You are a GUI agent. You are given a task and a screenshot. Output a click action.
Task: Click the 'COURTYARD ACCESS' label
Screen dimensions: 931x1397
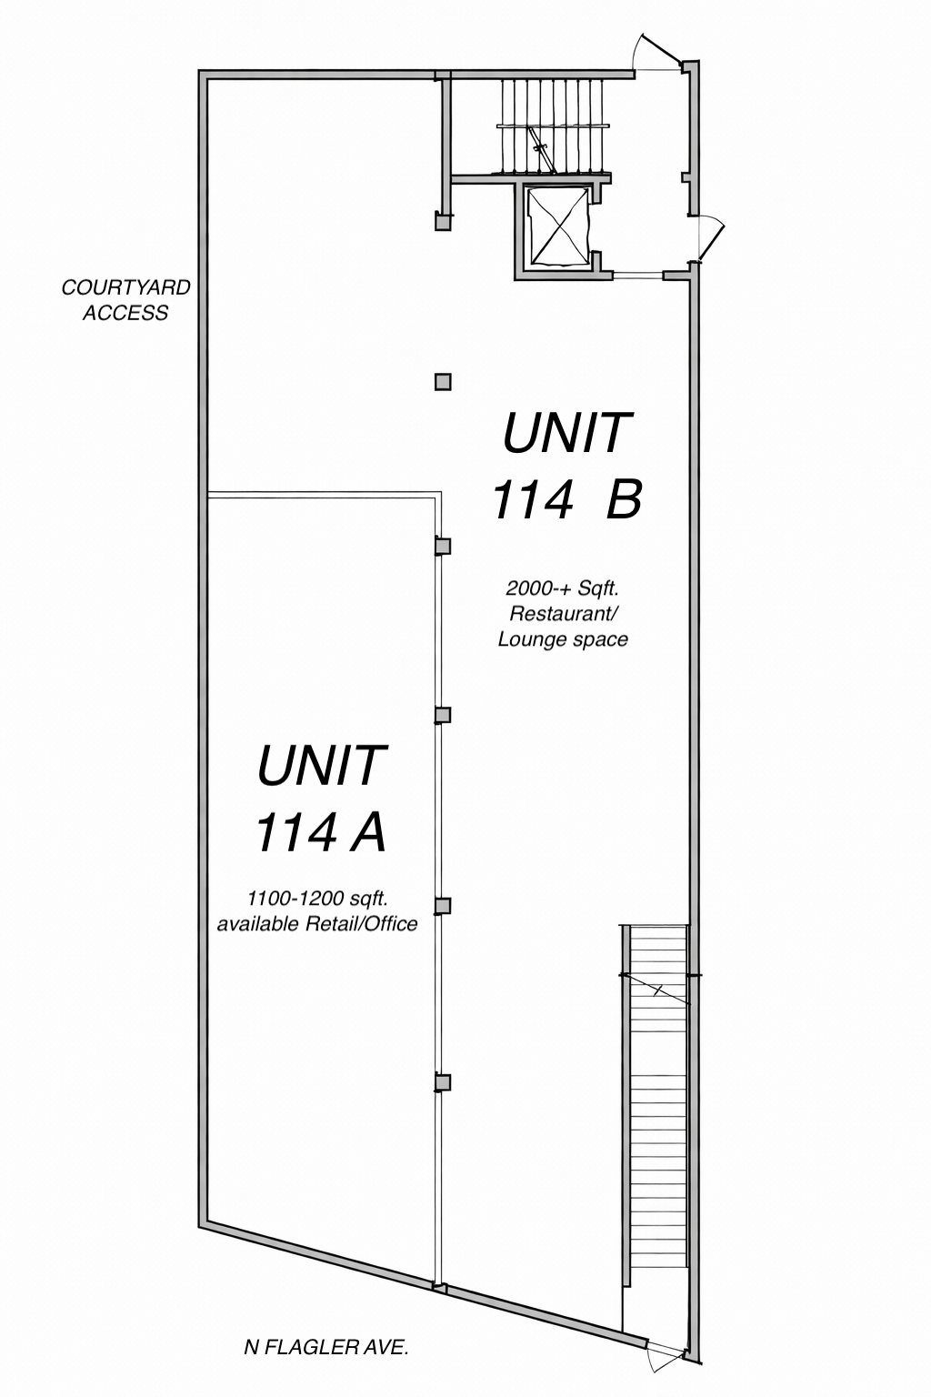[x=125, y=300]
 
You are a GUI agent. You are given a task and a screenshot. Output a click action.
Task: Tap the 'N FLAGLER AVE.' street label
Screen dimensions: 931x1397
[x=326, y=1347]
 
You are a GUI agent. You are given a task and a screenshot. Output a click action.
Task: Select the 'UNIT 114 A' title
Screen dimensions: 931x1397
[x=321, y=799]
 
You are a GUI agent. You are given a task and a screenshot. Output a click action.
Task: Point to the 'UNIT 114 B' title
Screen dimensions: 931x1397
[x=566, y=466]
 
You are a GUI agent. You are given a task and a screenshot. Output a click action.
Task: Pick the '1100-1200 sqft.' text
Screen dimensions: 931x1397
[x=318, y=899]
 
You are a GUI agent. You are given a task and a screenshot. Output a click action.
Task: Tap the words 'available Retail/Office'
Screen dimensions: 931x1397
[x=316, y=924]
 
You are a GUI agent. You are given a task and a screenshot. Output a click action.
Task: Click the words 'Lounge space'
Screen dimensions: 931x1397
[x=563, y=639]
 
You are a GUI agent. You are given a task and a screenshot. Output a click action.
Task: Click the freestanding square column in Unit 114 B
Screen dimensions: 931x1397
[x=443, y=382]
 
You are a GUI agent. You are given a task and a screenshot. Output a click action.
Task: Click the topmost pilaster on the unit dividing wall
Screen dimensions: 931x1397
[x=443, y=547]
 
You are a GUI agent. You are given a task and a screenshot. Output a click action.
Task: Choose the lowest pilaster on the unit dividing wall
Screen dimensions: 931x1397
[x=443, y=1082]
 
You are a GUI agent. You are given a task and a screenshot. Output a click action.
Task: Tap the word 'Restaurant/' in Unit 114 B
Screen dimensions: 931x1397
[x=564, y=614]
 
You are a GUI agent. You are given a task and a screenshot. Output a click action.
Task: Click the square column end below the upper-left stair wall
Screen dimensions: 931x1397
[x=443, y=222]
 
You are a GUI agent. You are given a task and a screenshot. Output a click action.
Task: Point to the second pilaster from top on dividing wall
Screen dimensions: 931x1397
[x=443, y=715]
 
